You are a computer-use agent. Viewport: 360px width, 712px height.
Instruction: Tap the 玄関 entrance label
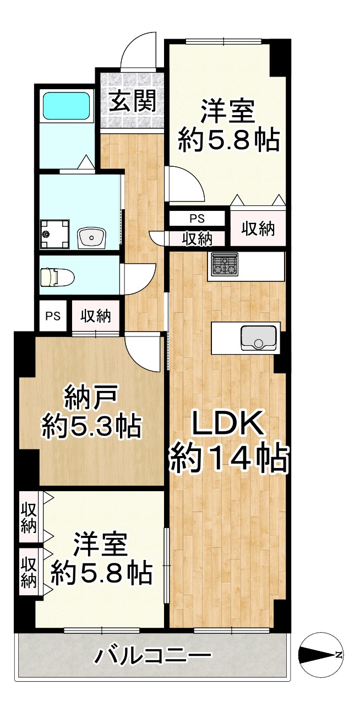pos(131,101)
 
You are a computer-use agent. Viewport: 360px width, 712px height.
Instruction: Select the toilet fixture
pos(57,276)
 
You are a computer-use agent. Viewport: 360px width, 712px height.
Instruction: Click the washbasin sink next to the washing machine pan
pos(92,238)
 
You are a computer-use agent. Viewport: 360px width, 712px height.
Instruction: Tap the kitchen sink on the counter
pos(258,337)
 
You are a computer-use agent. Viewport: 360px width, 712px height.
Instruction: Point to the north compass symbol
pos(321,655)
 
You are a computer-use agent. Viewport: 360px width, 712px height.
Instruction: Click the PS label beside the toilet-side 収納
pos(52,316)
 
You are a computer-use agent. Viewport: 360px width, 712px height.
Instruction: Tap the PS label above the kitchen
pos(197,218)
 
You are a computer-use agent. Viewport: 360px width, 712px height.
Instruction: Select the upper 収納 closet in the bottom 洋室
pos(29,517)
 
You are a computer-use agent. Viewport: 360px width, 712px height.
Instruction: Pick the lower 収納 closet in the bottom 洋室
pos(29,572)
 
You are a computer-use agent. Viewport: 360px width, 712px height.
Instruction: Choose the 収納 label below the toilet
pos(96,316)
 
